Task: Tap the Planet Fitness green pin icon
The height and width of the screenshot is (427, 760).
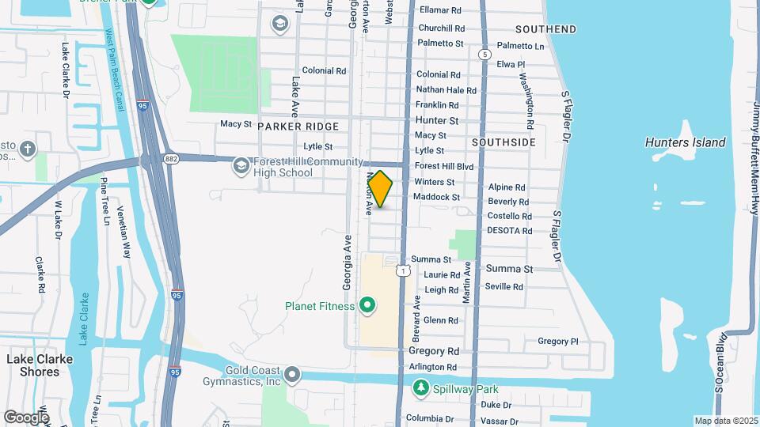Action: (x=367, y=304)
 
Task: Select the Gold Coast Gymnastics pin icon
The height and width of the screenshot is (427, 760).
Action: (x=293, y=373)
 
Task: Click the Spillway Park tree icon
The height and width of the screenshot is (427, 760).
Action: (x=421, y=387)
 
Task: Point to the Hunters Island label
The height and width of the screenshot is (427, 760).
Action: (x=685, y=142)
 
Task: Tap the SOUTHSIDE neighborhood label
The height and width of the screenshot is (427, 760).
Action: (x=503, y=142)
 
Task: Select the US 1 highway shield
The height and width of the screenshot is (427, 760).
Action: (x=405, y=271)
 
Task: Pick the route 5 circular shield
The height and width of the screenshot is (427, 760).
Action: (x=483, y=54)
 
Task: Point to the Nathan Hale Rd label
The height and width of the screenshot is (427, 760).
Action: (x=446, y=90)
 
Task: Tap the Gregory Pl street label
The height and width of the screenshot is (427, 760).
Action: (x=558, y=342)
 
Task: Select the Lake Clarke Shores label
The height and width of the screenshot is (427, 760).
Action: (x=44, y=365)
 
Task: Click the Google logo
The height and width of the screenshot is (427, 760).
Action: (x=26, y=418)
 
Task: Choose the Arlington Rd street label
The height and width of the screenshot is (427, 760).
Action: (x=433, y=367)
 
